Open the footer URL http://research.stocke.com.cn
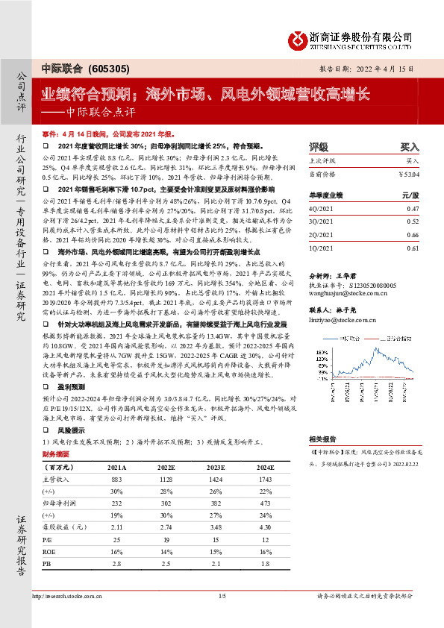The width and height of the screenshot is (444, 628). (69, 596)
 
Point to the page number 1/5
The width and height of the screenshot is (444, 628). (222, 596)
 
